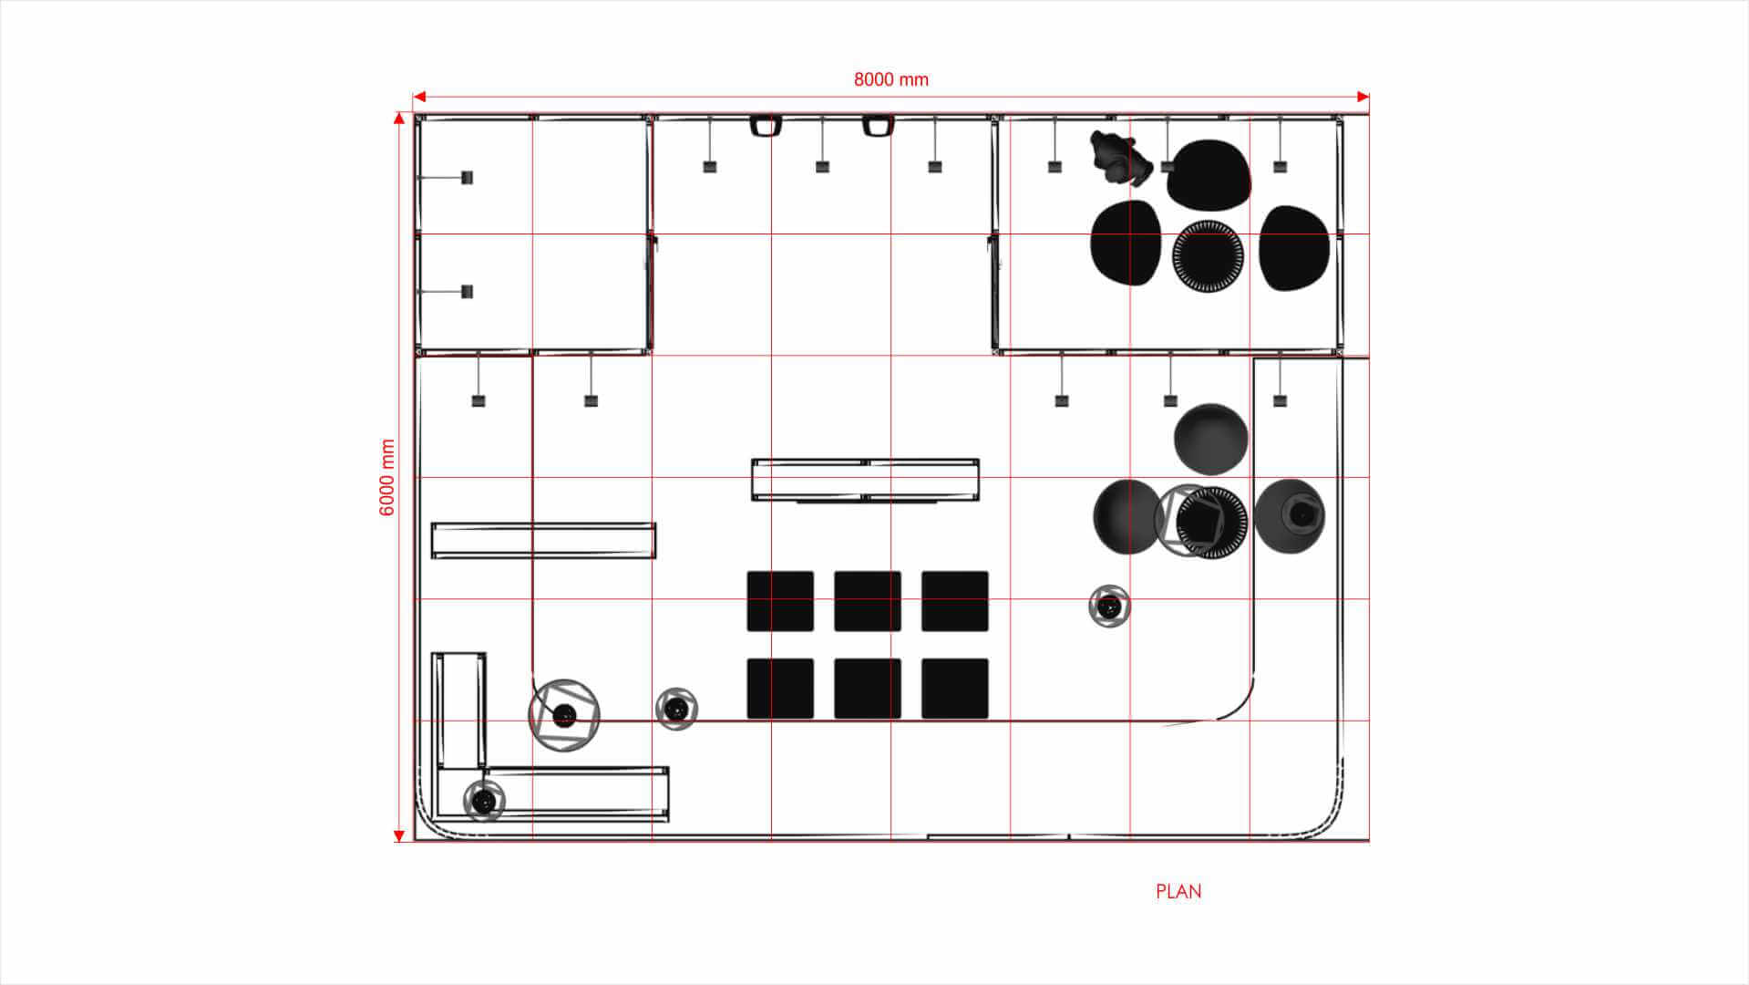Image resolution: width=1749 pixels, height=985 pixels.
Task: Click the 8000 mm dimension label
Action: pyautogui.click(x=890, y=80)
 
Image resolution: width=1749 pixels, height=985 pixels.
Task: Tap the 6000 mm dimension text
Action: pyautogui.click(x=387, y=477)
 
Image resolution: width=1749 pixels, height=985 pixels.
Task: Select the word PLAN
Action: pyautogui.click(x=1178, y=892)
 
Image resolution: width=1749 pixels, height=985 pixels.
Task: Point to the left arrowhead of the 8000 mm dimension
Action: pyautogui.click(x=419, y=97)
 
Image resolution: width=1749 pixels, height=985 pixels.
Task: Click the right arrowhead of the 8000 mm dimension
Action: pyautogui.click(x=1363, y=97)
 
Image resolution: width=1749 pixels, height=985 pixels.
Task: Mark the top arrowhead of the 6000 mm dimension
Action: pyautogui.click(x=399, y=118)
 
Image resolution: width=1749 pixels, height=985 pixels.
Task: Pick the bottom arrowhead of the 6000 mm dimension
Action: pyautogui.click(x=399, y=835)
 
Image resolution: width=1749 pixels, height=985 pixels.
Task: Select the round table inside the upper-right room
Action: pyautogui.click(x=1208, y=256)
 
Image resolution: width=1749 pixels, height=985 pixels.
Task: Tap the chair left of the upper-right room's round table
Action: pyautogui.click(x=1127, y=243)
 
